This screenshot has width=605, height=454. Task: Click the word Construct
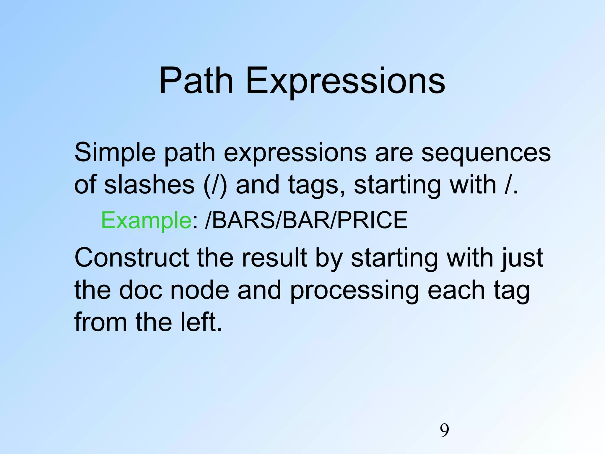[131, 257]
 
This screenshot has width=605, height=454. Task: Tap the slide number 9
[444, 431]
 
